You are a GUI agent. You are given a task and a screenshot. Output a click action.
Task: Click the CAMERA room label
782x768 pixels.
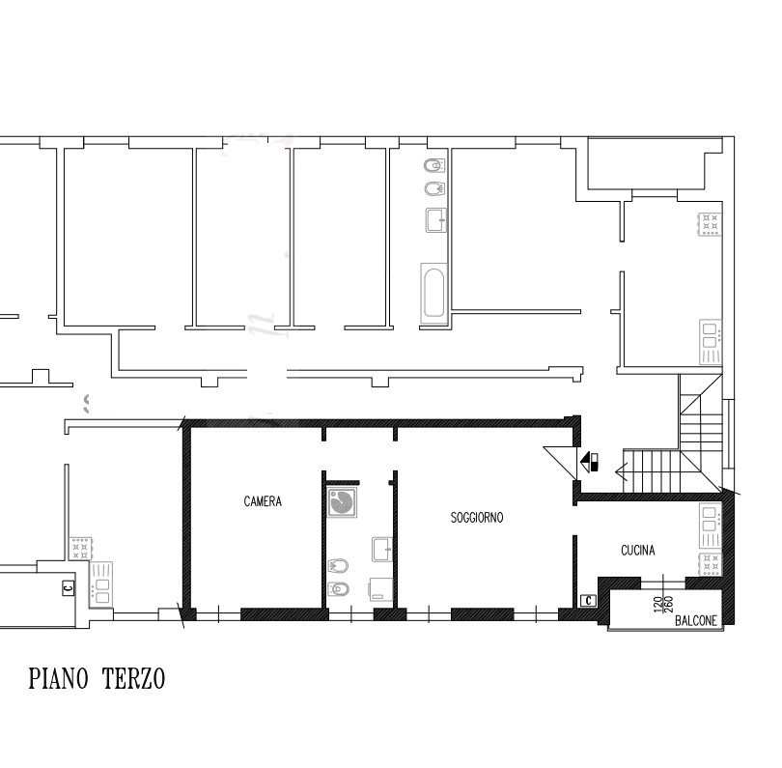(263, 501)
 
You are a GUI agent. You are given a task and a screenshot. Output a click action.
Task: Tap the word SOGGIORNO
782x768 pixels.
(477, 518)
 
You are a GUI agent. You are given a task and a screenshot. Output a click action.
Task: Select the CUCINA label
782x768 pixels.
(638, 551)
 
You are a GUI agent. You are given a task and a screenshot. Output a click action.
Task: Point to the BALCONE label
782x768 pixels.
(696, 620)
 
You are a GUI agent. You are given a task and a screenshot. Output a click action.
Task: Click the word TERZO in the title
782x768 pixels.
(133, 679)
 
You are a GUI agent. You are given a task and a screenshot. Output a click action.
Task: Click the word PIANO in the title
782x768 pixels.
(58, 679)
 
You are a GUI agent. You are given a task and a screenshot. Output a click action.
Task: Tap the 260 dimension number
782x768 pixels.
(669, 604)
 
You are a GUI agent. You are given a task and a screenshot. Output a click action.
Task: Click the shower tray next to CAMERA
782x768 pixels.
(342, 502)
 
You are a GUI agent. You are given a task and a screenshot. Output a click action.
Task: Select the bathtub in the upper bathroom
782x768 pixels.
(433, 294)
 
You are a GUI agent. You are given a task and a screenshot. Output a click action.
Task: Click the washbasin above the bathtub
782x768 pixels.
(435, 220)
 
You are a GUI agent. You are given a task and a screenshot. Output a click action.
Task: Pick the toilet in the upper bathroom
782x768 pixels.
(433, 165)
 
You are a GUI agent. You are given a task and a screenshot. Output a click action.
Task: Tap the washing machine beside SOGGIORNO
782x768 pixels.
(381, 590)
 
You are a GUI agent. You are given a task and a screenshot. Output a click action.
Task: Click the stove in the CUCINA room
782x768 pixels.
(711, 564)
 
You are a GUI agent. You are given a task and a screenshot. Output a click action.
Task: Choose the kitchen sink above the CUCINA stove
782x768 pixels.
(711, 526)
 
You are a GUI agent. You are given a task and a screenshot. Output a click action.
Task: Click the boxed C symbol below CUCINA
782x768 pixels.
(589, 600)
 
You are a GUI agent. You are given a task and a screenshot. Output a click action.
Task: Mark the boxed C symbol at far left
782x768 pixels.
(69, 587)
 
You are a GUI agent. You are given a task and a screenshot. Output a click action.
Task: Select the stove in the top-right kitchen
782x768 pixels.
(711, 224)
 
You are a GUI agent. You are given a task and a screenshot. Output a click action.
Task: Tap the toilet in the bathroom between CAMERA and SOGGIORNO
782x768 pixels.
(338, 589)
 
